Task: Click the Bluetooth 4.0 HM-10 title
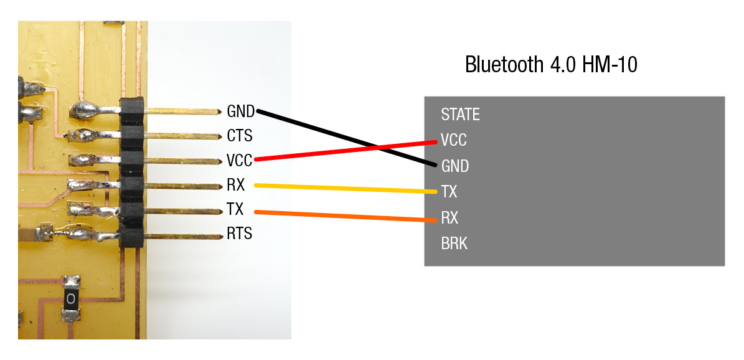click(x=551, y=64)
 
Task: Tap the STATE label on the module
click(x=460, y=115)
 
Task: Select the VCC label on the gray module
click(x=454, y=140)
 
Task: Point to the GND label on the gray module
click(x=455, y=166)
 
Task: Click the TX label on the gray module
click(x=449, y=192)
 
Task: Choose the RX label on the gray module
click(x=450, y=218)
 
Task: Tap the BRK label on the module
click(x=454, y=244)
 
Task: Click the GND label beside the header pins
click(x=240, y=111)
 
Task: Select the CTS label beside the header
click(x=240, y=136)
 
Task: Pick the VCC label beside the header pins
click(x=240, y=161)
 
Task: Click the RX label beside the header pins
click(x=236, y=185)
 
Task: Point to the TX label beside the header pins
click(x=235, y=209)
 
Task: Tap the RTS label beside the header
click(x=240, y=234)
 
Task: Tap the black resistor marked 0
click(x=72, y=299)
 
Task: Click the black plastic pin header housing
click(x=131, y=172)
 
